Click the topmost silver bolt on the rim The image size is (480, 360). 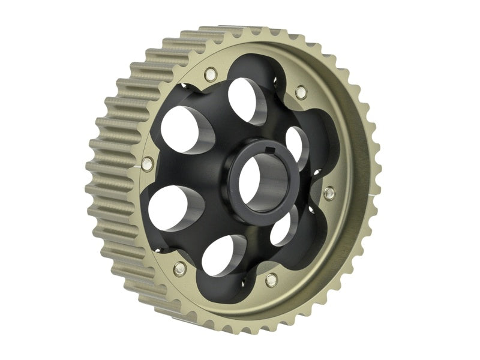[209, 74]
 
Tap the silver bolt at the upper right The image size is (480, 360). [301, 92]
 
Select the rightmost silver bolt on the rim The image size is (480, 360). [329, 193]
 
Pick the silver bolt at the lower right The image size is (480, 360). [271, 279]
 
